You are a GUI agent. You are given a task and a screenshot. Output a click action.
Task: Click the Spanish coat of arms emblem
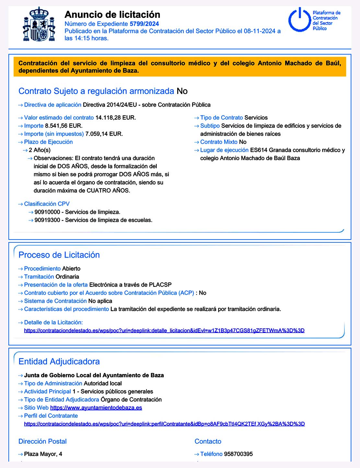(39, 24)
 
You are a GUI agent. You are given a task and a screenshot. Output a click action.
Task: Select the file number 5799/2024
(144, 24)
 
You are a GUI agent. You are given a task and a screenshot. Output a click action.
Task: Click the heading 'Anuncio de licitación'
(112, 15)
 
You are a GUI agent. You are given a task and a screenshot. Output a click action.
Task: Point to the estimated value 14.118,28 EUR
(115, 118)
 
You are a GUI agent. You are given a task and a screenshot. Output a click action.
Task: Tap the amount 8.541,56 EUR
(64, 126)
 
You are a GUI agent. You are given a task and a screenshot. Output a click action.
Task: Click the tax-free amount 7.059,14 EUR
(104, 134)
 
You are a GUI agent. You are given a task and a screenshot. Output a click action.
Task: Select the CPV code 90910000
(47, 212)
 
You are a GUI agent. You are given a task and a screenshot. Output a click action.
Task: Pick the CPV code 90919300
(47, 220)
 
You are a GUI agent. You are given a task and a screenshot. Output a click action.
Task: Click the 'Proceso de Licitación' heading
(59, 255)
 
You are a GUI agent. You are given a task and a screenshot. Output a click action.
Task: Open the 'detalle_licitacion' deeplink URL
(164, 331)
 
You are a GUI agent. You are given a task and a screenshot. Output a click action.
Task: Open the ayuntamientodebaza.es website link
(96, 408)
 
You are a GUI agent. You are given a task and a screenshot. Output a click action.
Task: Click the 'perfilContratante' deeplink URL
(164, 424)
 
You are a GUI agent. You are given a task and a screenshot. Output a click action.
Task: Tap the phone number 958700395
(238, 454)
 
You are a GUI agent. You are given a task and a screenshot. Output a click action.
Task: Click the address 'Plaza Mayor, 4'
(43, 454)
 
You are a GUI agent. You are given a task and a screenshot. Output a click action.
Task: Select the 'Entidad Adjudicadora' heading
(59, 361)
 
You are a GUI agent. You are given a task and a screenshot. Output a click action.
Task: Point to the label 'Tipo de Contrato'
(221, 118)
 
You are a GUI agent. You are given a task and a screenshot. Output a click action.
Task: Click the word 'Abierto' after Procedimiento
(71, 269)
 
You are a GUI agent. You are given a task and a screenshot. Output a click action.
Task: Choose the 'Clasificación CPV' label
(47, 204)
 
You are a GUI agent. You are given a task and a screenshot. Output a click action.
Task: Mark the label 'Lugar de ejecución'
(224, 150)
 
